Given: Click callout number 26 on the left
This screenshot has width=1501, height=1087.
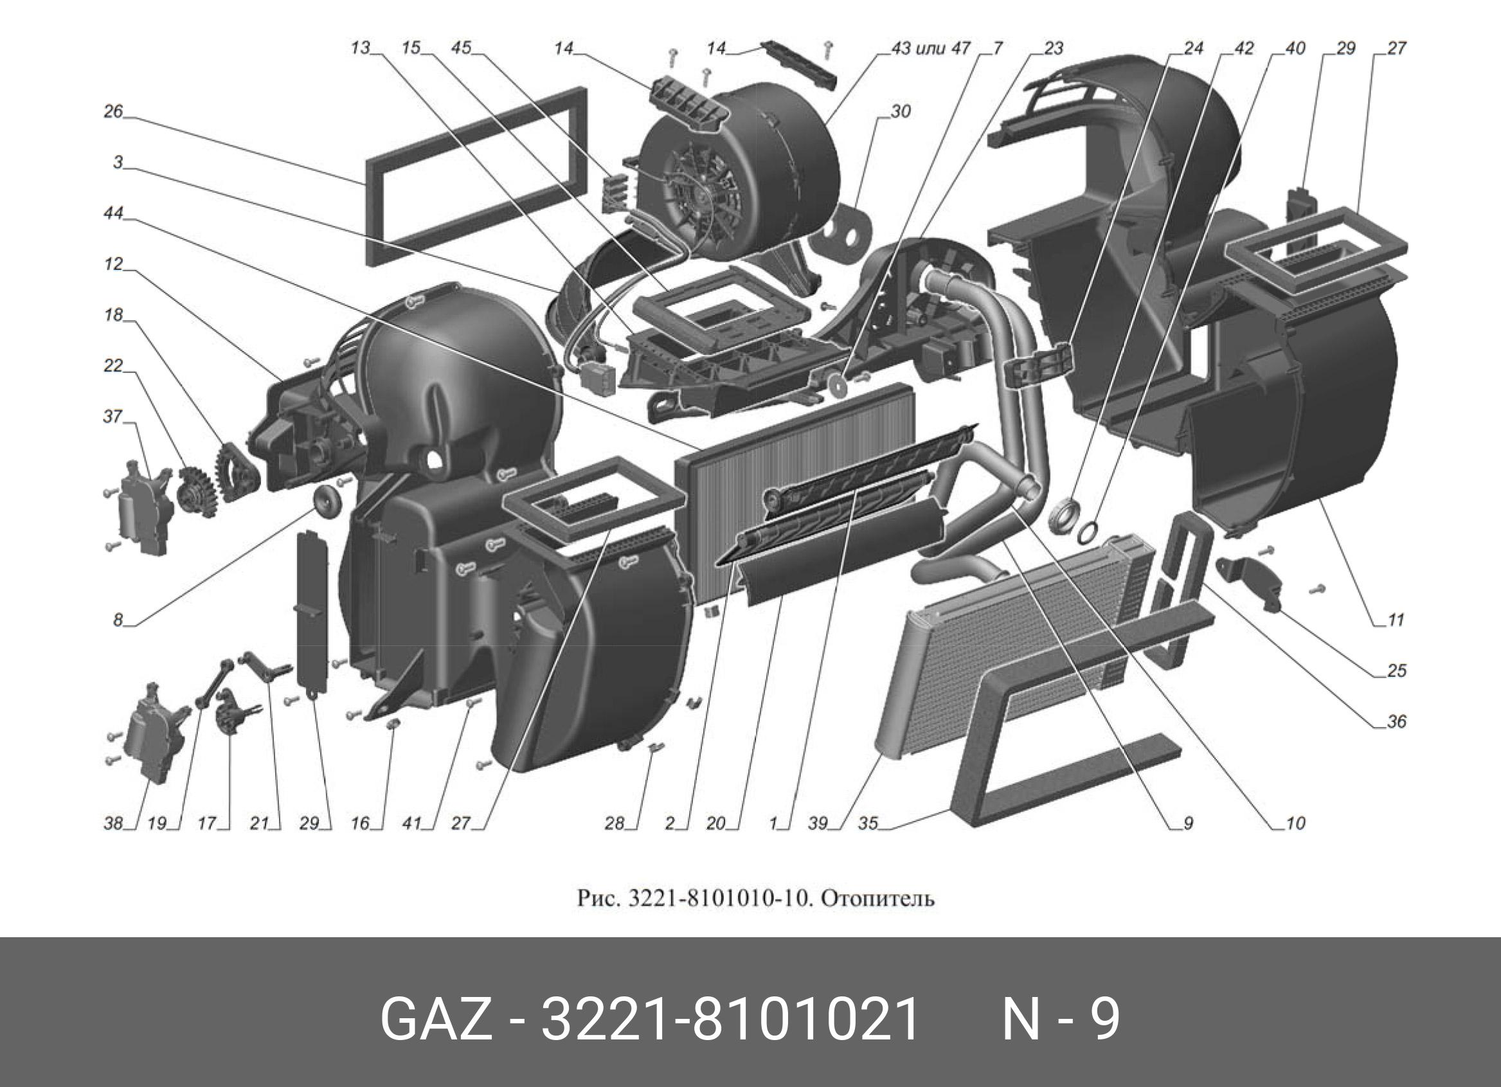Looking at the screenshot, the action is (113, 111).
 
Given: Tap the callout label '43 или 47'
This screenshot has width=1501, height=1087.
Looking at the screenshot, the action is (931, 48).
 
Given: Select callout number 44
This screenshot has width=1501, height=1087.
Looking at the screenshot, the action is (113, 213).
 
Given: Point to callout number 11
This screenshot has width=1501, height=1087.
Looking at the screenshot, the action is (1395, 620).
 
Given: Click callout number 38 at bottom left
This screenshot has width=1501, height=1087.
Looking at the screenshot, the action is (113, 823).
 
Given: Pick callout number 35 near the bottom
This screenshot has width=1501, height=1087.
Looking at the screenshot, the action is (868, 823).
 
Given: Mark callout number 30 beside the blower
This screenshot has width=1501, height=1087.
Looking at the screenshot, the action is (901, 112).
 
